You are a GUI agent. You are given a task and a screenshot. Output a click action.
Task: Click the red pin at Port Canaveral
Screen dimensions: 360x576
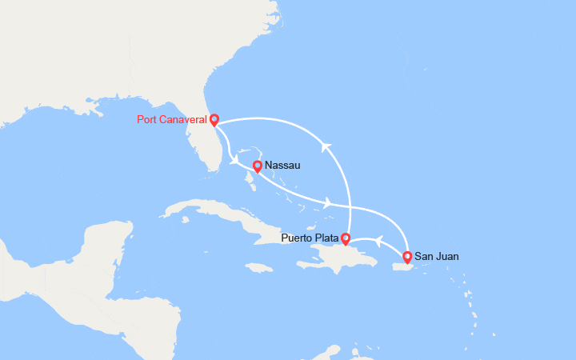click(x=214, y=120)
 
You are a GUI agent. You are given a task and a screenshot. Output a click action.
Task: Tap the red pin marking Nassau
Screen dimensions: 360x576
click(x=257, y=166)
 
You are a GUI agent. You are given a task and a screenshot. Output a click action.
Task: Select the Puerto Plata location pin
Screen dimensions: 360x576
click(x=345, y=238)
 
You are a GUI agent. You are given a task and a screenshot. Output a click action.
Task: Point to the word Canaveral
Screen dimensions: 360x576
click(x=182, y=120)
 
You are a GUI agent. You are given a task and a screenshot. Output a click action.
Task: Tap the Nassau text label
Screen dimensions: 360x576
click(x=282, y=166)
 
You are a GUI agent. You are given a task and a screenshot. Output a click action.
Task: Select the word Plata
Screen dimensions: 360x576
click(x=326, y=238)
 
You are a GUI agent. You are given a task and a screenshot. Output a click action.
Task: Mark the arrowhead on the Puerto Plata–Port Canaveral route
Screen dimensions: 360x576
click(x=326, y=146)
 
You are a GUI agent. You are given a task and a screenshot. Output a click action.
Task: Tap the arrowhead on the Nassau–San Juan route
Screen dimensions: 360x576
click(x=328, y=203)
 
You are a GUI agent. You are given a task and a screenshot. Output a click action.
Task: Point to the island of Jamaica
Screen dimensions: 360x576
click(x=259, y=268)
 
